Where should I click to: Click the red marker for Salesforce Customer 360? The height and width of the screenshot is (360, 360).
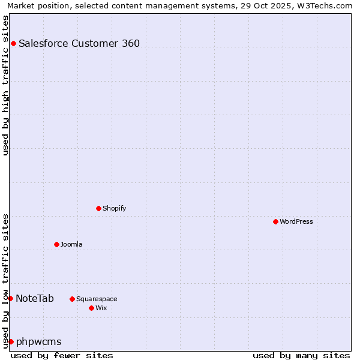[13, 43]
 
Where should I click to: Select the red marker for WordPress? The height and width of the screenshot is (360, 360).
[275, 221]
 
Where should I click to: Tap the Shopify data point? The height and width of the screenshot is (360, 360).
[98, 208]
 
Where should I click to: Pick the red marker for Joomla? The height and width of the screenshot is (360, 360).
[56, 244]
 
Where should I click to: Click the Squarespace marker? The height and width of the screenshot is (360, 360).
[72, 299]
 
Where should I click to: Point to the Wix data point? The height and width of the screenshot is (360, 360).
[91, 308]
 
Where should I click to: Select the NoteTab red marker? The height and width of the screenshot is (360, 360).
[10, 298]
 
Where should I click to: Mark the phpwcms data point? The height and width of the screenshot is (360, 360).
[11, 341]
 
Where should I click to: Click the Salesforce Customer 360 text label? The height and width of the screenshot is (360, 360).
[79, 43]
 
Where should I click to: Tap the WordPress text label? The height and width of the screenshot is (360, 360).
[296, 221]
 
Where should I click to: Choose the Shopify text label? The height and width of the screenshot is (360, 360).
[114, 208]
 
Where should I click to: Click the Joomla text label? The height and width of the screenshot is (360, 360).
[71, 244]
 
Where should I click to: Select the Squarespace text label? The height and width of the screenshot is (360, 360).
[97, 299]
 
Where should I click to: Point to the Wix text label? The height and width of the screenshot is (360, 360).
[101, 308]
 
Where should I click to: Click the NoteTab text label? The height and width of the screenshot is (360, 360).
[35, 298]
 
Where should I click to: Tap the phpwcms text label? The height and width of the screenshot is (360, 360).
[39, 341]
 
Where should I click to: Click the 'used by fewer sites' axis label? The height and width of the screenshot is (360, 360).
[62, 355]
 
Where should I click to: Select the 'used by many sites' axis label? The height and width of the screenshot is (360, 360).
[301, 355]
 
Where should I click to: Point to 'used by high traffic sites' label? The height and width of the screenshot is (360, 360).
[5, 85]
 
